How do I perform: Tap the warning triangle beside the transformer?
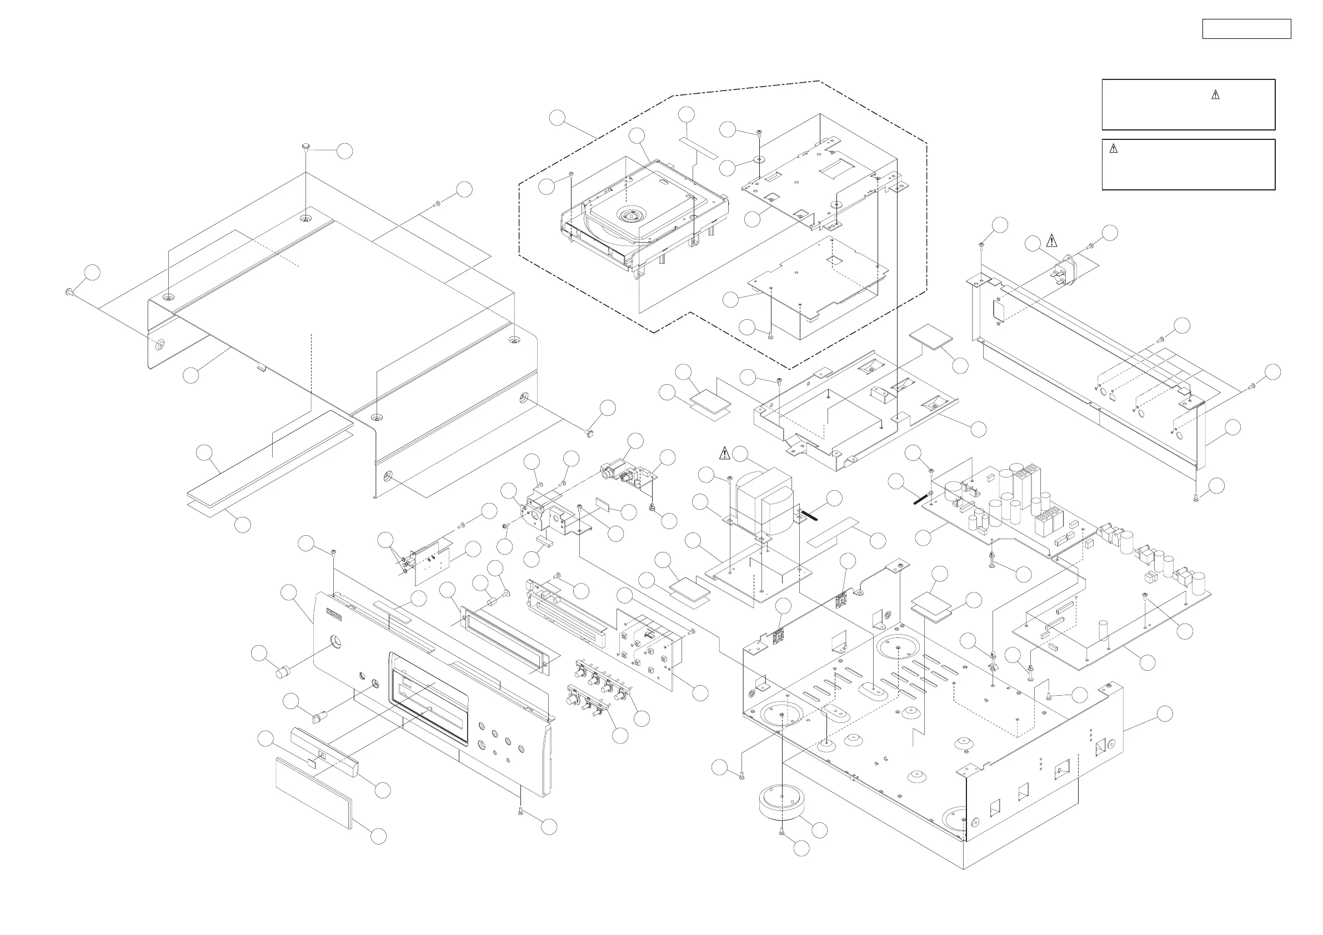725,454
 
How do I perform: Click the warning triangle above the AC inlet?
1051,240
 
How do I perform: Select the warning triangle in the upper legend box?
1215,95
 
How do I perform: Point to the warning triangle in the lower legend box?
1113,149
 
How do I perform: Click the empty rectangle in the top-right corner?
1246,29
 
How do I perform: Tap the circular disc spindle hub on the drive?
627,215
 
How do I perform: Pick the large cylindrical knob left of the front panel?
283,672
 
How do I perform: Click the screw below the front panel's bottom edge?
520,811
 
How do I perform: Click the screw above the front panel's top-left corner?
334,553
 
